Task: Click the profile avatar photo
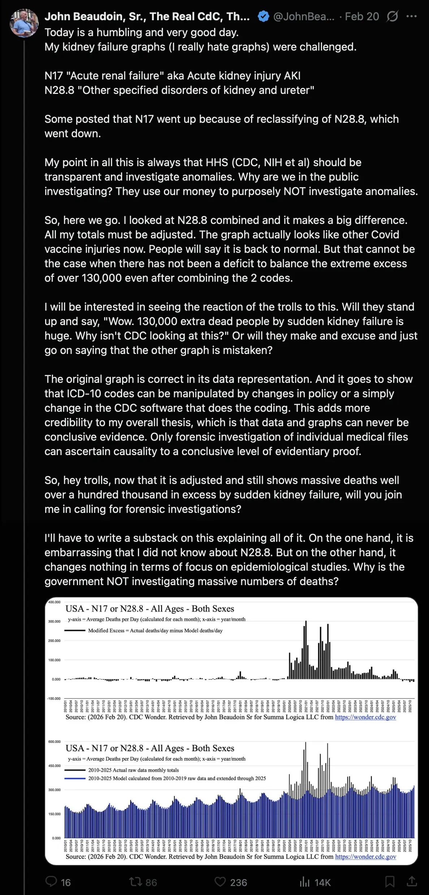tap(24, 23)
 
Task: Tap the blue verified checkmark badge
tap(264, 16)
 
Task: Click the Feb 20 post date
tap(362, 16)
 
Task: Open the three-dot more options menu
tap(411, 16)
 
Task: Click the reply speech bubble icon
tap(51, 882)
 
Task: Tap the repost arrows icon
tap(136, 882)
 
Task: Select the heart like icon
tap(220, 882)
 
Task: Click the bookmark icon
tap(390, 882)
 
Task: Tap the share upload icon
tap(412, 882)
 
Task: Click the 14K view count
tap(322, 882)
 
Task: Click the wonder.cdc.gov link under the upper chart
tap(365, 717)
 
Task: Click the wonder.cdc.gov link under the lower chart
tap(365, 856)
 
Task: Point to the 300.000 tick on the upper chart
tap(55, 622)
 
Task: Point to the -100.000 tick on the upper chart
tap(54, 699)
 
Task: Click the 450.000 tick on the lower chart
tap(55, 766)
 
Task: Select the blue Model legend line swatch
tap(75, 778)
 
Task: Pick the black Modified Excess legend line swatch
tap(75, 631)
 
